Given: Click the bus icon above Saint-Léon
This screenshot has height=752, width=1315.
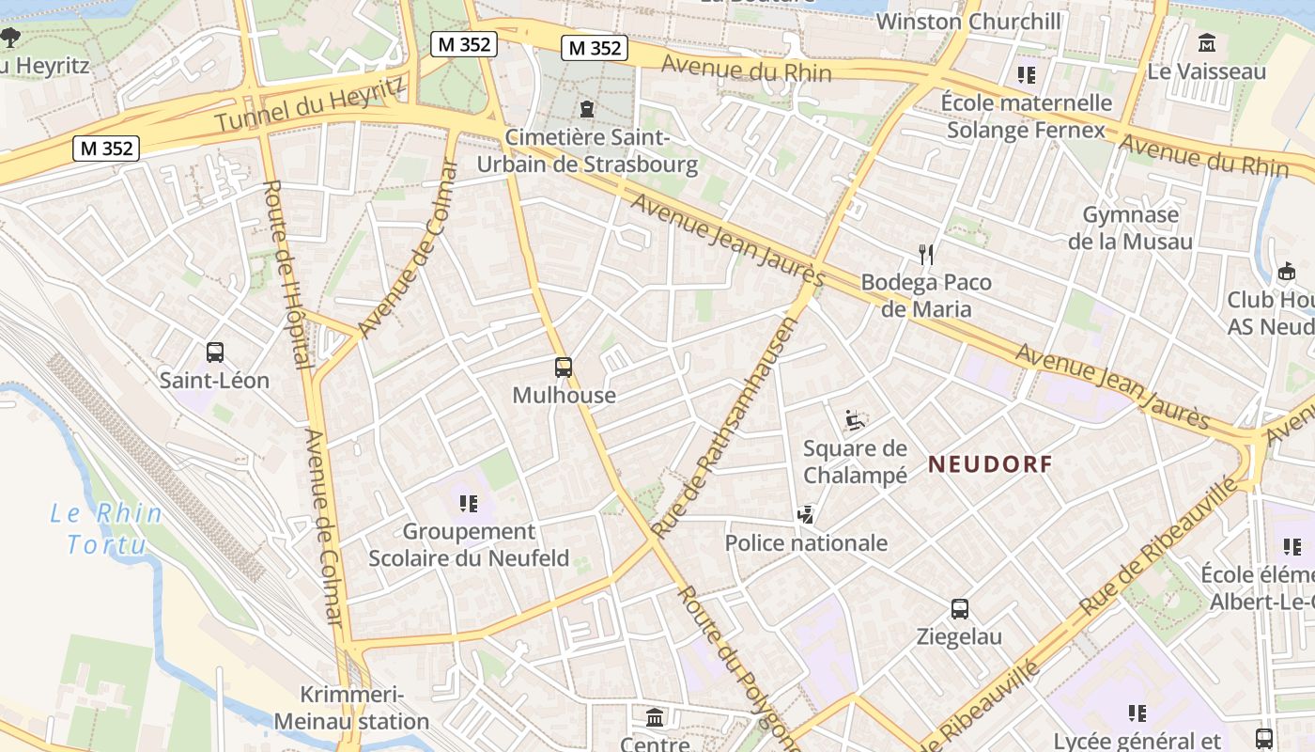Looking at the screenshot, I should (x=215, y=352).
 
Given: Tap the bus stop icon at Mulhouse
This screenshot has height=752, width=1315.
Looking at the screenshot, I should (x=564, y=368).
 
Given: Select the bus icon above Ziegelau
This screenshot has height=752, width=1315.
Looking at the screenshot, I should (x=959, y=608).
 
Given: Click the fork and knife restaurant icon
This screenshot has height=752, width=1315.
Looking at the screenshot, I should (x=927, y=254).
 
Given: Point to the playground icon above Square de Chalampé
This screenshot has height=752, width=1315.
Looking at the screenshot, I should (x=855, y=419).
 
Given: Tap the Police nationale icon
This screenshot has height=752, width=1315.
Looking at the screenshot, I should (x=805, y=514).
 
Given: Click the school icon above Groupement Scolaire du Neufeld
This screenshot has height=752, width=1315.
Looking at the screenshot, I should (x=469, y=504).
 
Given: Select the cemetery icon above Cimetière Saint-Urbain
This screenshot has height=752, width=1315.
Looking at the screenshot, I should (x=587, y=109).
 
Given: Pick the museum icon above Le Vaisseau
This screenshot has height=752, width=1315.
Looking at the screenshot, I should (x=1207, y=43).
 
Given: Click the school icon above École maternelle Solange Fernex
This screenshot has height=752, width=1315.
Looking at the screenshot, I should (x=1027, y=74).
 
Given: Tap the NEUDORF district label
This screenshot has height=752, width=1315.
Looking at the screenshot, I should (x=990, y=463).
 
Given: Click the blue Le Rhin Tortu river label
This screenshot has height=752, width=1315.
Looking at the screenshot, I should (x=106, y=528).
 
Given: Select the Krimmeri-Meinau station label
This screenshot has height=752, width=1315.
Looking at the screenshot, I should (x=351, y=708).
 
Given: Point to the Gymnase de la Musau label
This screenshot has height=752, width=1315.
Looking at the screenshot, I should (x=1130, y=227).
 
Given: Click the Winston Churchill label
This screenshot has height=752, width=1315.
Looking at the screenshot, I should (x=967, y=22).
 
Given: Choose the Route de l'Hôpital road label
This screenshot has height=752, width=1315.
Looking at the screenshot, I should (x=287, y=274).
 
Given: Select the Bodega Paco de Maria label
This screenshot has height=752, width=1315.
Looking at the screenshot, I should (x=926, y=295).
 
